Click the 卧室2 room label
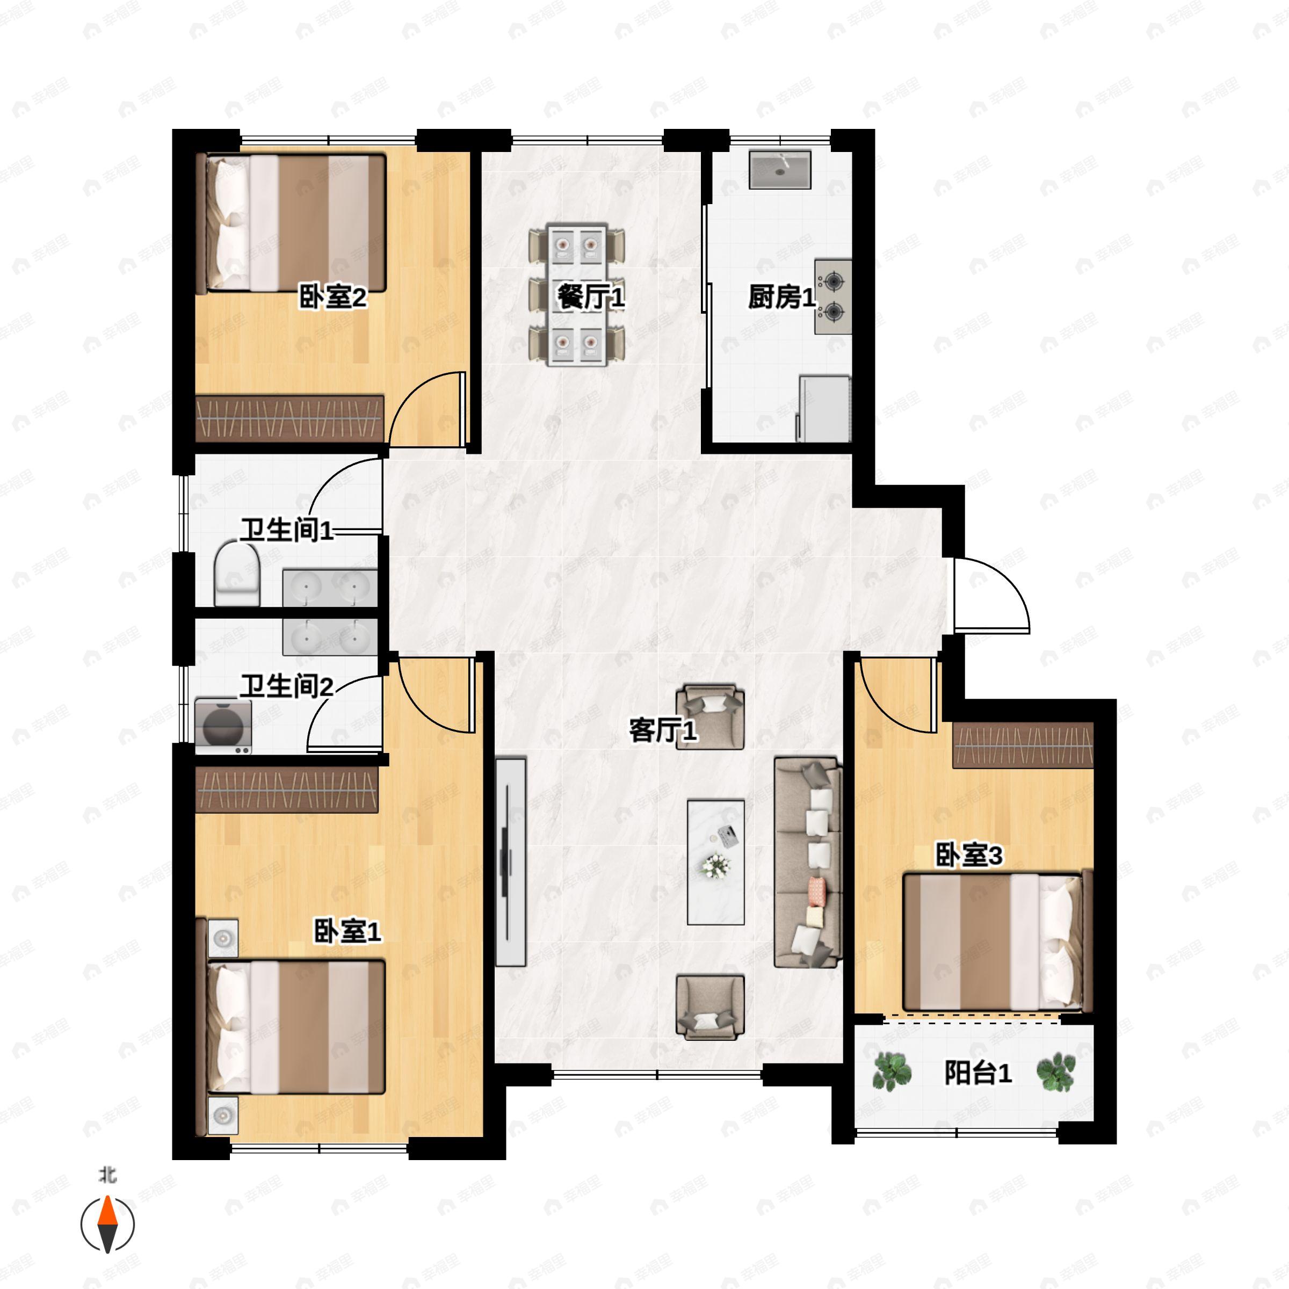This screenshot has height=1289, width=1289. (332, 298)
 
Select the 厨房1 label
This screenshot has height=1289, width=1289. (781, 297)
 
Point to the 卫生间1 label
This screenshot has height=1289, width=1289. (287, 531)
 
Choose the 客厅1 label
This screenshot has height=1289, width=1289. (663, 730)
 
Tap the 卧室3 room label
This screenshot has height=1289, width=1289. (969, 856)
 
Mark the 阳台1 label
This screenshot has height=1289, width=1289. (978, 1073)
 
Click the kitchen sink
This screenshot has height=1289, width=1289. (779, 170)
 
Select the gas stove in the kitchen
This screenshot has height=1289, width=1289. (832, 297)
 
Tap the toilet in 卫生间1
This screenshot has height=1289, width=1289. (237, 574)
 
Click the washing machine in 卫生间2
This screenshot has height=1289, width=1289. (223, 727)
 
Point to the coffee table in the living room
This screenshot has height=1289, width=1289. (716, 862)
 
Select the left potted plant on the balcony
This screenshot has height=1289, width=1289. (892, 1071)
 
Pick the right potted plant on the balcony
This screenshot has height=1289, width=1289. (1055, 1071)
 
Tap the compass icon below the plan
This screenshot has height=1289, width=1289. (107, 1225)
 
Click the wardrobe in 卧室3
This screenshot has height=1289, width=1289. (1023, 745)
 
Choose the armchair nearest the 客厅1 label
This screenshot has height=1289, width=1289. (710, 717)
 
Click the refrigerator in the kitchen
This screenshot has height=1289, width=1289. (824, 408)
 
